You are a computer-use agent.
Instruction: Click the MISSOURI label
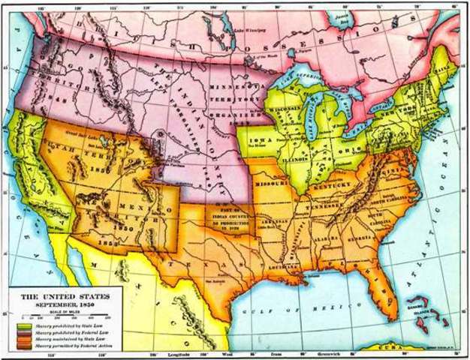pos(272,181)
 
